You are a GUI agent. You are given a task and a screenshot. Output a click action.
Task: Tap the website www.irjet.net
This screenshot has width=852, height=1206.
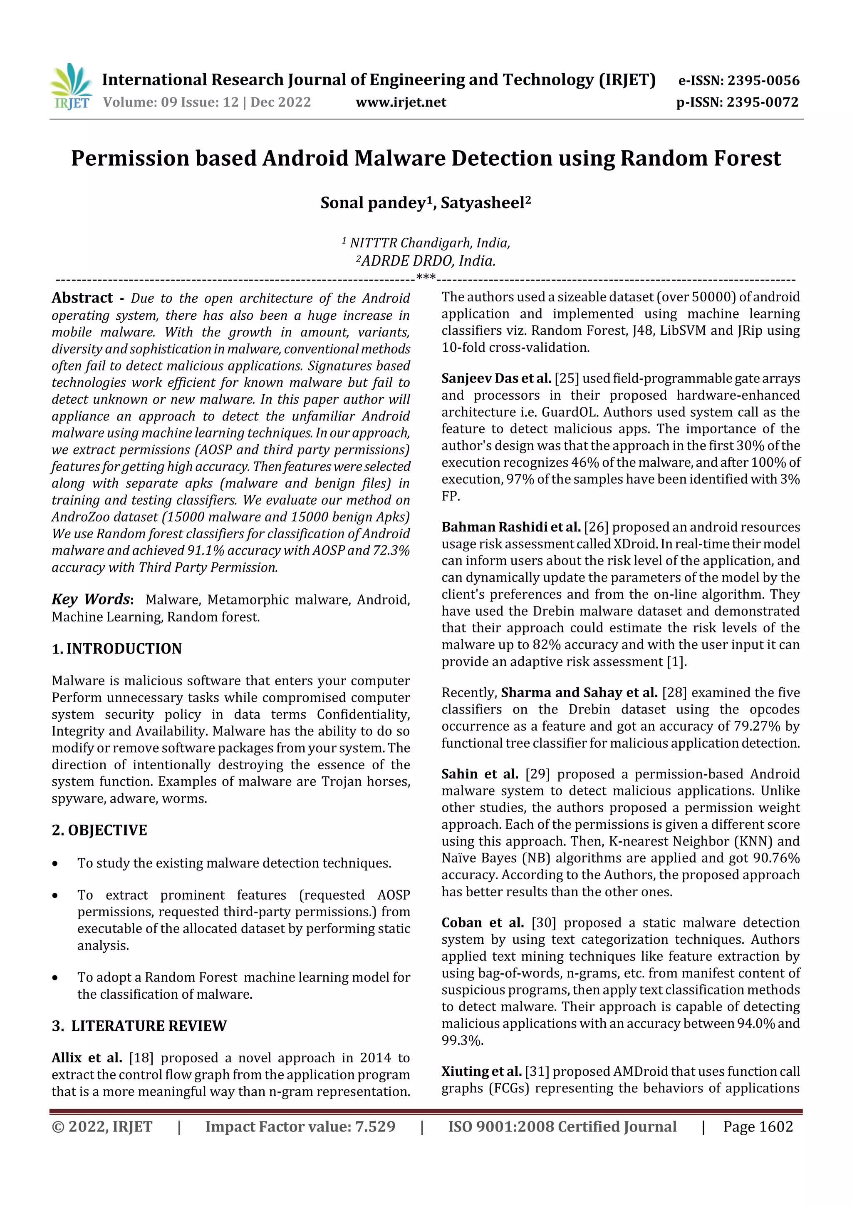tap(401, 102)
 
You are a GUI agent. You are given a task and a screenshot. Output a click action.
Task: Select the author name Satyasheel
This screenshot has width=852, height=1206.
tap(483, 203)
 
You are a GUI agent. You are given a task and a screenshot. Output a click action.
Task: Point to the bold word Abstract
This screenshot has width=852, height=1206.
tap(82, 298)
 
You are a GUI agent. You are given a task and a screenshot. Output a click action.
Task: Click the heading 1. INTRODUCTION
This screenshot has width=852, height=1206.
tap(116, 649)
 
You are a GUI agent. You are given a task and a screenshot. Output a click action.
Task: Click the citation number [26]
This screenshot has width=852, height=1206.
tap(596, 527)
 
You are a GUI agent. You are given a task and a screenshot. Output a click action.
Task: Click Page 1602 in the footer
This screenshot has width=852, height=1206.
tap(758, 1126)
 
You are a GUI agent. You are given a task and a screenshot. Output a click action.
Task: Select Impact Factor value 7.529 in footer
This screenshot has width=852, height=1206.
tap(300, 1126)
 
